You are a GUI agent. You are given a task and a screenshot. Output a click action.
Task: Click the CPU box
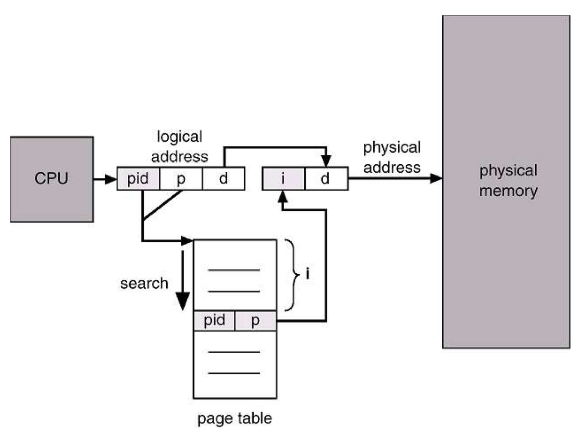click(x=51, y=179)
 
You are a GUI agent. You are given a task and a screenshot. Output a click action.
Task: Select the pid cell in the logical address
click(x=138, y=178)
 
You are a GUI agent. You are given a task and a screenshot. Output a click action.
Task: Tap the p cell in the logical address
click(x=181, y=178)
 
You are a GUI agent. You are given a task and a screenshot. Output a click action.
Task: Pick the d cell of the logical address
click(x=223, y=178)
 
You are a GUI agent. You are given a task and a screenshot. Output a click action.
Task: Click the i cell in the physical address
click(x=283, y=178)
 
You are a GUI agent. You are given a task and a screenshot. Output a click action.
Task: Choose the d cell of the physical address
click(x=326, y=178)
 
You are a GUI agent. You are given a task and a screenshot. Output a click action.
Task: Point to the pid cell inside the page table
click(x=214, y=320)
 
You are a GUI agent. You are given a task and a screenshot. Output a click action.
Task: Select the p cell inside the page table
click(x=255, y=320)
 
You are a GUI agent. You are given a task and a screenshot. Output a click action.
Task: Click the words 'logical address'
click(x=180, y=147)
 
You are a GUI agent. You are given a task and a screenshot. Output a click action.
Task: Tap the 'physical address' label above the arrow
click(x=392, y=157)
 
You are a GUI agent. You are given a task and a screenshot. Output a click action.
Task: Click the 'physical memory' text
click(x=508, y=181)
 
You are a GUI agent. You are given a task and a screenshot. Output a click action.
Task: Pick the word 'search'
click(x=144, y=284)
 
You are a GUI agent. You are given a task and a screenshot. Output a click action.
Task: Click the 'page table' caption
click(x=234, y=418)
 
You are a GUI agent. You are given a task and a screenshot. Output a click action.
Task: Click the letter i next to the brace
click(x=307, y=274)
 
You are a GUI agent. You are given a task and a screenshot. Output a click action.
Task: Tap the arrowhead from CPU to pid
click(x=111, y=178)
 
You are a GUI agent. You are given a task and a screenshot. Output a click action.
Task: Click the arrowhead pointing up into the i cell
click(x=282, y=196)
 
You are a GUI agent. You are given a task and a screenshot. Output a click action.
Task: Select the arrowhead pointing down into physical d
click(x=326, y=161)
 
